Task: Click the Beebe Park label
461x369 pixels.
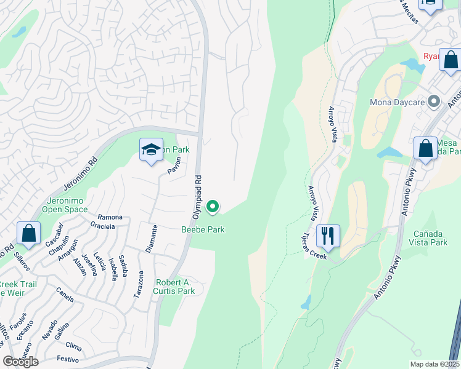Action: [203, 229]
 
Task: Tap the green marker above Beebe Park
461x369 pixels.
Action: [213, 207]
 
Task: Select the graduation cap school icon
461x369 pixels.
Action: [151, 150]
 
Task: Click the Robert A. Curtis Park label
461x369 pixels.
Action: [174, 287]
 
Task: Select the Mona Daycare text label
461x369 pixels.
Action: [398, 101]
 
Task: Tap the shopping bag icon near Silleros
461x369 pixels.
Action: [28, 233]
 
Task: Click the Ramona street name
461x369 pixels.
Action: [110, 217]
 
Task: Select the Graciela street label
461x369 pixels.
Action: [102, 226]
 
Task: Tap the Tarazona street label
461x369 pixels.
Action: [139, 285]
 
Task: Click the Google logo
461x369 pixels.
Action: [20, 361]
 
